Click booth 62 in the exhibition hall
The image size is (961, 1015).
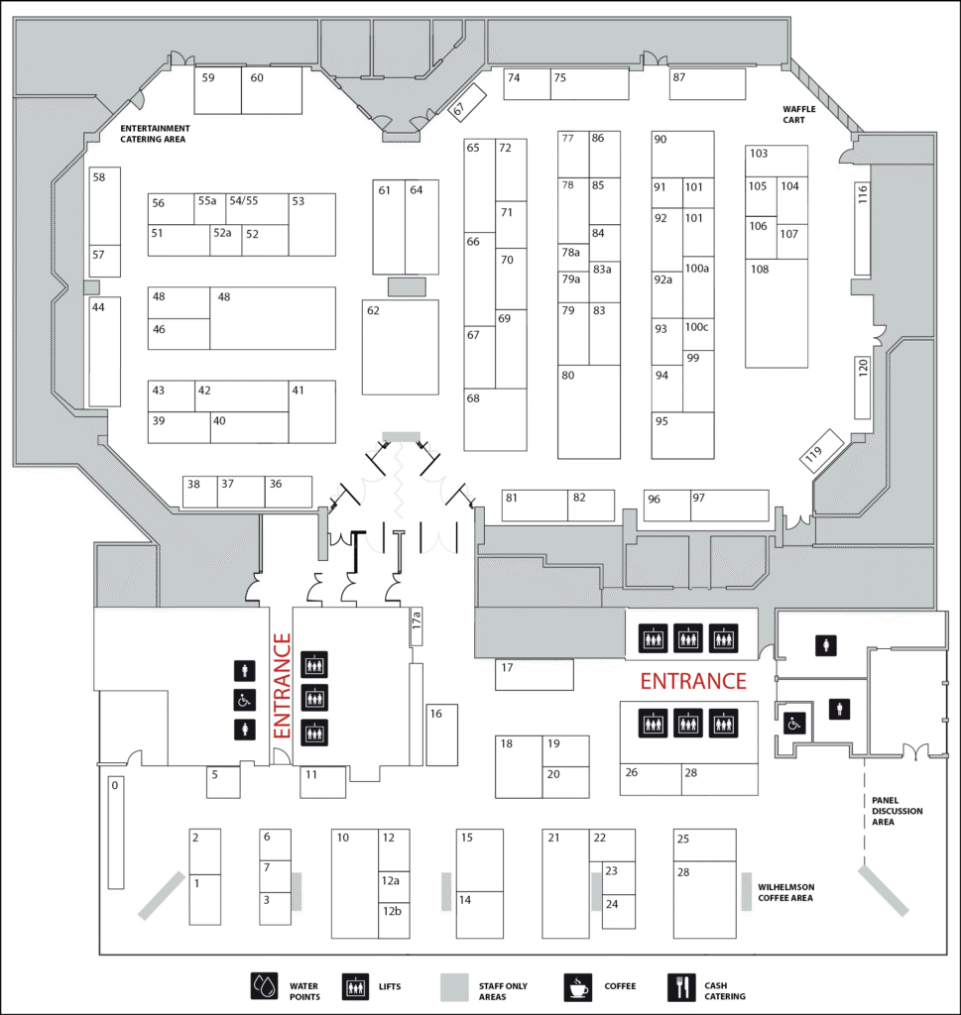(x=401, y=347)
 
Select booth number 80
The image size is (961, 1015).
(x=589, y=411)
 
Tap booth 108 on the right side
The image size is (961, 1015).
(x=777, y=313)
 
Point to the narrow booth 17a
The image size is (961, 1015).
(x=417, y=626)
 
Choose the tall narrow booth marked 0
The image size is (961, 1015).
(x=116, y=833)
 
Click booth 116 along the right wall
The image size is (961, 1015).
(x=863, y=229)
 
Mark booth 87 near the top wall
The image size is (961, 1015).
(x=707, y=84)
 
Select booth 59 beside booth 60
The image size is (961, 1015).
(x=218, y=90)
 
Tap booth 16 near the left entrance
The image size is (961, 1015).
(x=442, y=734)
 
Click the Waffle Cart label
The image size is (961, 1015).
(x=799, y=115)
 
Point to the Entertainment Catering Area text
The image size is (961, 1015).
(x=155, y=134)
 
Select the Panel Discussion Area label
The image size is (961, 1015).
(x=897, y=811)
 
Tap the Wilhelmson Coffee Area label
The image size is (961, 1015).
(x=785, y=893)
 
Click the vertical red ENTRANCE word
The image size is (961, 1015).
(x=282, y=686)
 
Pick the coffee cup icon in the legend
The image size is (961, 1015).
(x=577, y=987)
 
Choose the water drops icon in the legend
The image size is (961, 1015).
(x=264, y=986)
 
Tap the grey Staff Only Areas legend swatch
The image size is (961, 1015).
(x=454, y=987)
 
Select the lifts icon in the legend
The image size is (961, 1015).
(x=355, y=987)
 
